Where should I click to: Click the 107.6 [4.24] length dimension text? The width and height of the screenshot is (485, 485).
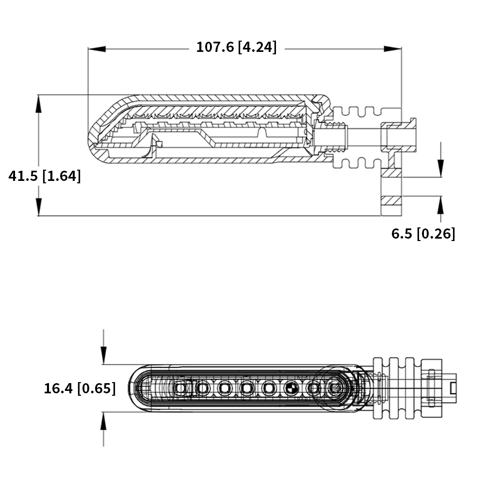coord(237,47)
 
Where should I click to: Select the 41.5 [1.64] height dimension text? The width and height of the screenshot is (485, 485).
coord(45,176)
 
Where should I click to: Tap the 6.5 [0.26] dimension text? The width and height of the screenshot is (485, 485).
coord(423,234)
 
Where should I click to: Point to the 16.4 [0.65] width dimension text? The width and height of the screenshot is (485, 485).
coord(80,388)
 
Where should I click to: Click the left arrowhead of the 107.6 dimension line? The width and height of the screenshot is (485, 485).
coord(97,49)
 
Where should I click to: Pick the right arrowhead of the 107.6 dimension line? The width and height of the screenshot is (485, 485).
coord(392,49)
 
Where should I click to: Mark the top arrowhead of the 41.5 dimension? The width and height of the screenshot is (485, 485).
coord(38,104)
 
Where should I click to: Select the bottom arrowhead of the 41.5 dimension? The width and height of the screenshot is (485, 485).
coord(38,207)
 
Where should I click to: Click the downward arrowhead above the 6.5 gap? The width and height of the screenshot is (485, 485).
coord(441,169)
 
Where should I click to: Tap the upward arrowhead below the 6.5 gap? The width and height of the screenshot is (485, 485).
coord(441,205)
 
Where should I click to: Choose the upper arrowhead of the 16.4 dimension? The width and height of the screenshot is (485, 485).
coord(103,356)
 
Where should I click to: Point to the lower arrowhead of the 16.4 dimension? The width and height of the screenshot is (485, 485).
coord(103,420)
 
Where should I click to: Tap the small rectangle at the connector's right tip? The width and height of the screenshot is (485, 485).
coord(453,388)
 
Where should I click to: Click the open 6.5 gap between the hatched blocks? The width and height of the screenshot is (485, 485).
coord(391,187)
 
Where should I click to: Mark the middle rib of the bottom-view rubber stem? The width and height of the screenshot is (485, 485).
coord(394,388)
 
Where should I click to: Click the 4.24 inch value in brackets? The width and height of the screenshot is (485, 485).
coord(258,47)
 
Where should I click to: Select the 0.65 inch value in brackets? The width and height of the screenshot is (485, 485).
coord(97,388)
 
